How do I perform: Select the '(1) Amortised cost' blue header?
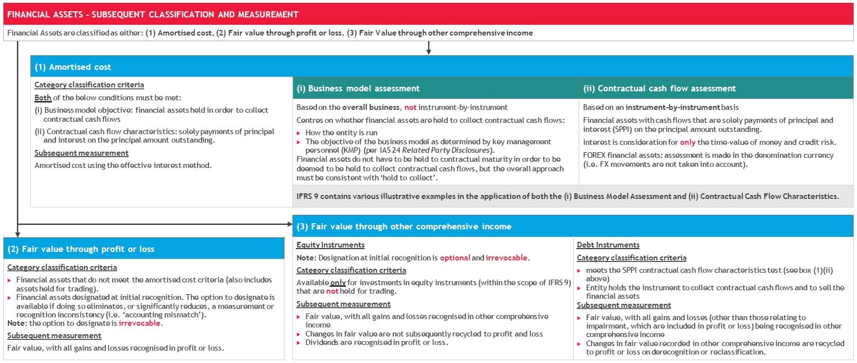click(x=73, y=67)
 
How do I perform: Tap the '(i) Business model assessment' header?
click(x=358, y=88)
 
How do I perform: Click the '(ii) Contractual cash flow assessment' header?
click(x=659, y=88)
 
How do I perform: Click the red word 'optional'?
click(x=455, y=258)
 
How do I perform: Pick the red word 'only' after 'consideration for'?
click(x=687, y=142)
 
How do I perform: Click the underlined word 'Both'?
click(x=43, y=98)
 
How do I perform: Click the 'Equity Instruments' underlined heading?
click(x=330, y=245)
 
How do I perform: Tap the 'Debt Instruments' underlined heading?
click(x=608, y=245)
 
